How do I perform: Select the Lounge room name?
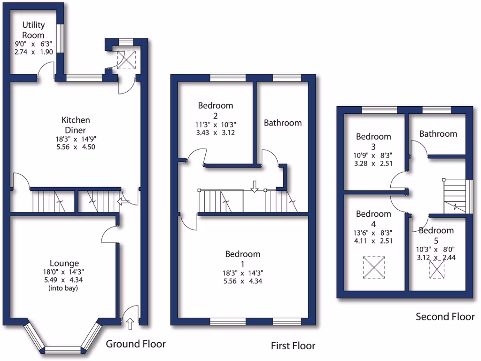coord(64,263)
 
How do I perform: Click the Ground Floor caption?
coord(135,344)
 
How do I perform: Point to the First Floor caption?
coord(293,346)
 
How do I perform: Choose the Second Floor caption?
coord(445,317)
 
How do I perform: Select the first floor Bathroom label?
coord(282,123)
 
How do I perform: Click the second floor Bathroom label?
coord(438,134)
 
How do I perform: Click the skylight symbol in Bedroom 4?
coord(374,268)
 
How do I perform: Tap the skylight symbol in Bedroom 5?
coord(437,269)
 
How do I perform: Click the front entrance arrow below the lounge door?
coord(130,323)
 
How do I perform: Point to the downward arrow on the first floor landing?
coord(254,187)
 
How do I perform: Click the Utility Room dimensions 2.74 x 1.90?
coord(33,52)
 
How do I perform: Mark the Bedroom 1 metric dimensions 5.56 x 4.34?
coord(242,281)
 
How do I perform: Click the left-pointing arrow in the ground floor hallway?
coord(123,202)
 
